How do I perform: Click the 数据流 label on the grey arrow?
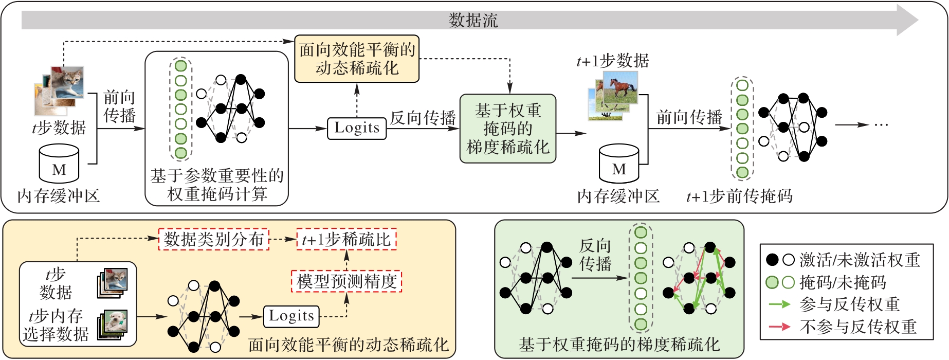(x=473, y=21)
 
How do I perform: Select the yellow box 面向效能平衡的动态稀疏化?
(x=357, y=59)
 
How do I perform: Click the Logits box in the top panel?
(x=357, y=128)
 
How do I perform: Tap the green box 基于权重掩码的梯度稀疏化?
(x=507, y=129)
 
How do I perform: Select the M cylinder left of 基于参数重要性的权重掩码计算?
(x=59, y=164)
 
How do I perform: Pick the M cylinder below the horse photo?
(x=619, y=164)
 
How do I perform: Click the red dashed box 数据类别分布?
(x=213, y=239)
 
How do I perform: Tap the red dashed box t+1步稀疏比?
(x=346, y=240)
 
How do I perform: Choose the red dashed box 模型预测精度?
(x=346, y=281)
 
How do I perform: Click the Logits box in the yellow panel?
(x=291, y=316)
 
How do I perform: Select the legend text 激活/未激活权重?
(x=860, y=260)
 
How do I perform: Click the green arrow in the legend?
(x=779, y=304)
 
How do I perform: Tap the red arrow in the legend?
(x=779, y=327)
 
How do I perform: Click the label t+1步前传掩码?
(x=739, y=196)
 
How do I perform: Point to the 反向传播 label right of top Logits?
(x=423, y=118)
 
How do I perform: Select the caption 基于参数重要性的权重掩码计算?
(x=217, y=185)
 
